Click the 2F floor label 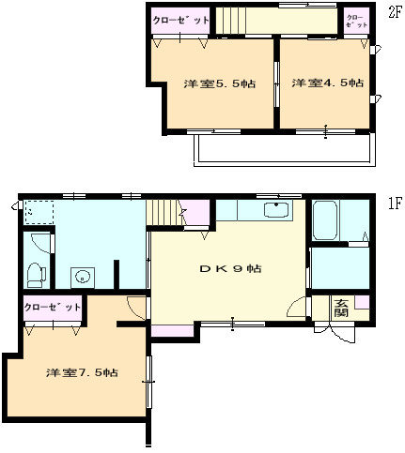coord(394,12)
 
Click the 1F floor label coord(395,204)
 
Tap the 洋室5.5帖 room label coord(219,83)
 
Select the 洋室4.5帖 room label coord(328,83)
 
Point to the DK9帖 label coord(231,268)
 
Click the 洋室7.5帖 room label coord(82,372)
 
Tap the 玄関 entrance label coord(341,308)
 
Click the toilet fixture coord(36,275)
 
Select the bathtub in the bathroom coord(325,220)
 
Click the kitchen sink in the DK coord(276,209)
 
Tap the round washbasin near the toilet coord(83,278)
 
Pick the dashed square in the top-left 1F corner coord(39,212)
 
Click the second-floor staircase coord(231,21)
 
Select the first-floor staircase coord(164,213)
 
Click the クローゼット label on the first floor coord(53,307)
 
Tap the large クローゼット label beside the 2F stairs coord(181,21)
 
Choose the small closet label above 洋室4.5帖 coord(357,21)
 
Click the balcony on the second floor coord(285,149)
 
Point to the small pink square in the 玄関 coord(362,302)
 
